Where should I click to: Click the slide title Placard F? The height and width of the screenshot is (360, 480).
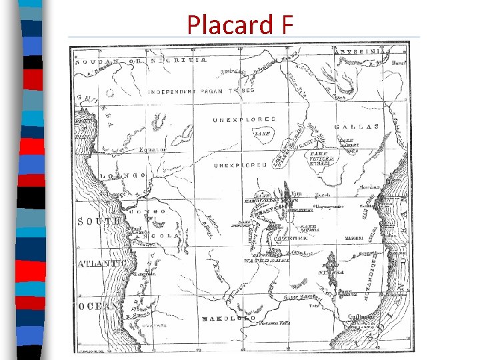tap(240, 25)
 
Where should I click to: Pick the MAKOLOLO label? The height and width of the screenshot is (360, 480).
tap(229, 319)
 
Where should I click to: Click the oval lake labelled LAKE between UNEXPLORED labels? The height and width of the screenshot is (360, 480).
tap(262, 133)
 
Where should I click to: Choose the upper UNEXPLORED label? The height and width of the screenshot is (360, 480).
tap(244, 120)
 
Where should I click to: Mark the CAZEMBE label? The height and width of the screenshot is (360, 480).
tap(291, 237)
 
